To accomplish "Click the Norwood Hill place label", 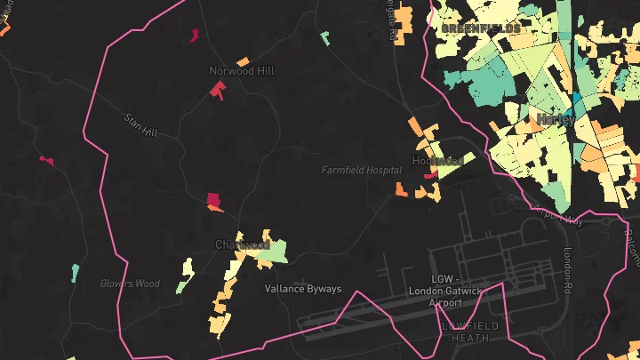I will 242,70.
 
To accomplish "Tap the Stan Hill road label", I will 140,124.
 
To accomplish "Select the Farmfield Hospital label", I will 361,169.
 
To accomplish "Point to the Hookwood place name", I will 437,161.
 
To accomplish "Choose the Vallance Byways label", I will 302,289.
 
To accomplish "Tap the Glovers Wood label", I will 130,284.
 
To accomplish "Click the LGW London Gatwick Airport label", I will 434,291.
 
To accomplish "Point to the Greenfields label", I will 481,29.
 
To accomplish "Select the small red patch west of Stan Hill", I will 46,160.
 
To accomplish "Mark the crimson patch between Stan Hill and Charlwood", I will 212,199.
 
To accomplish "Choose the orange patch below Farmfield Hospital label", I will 402,189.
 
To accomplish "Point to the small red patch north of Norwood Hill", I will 194,35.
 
